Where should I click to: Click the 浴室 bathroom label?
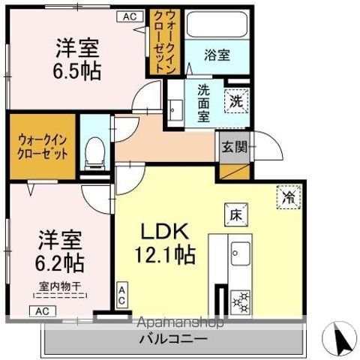tap(218, 54)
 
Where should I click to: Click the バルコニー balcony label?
tap(172, 338)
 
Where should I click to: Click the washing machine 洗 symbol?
tap(236, 100)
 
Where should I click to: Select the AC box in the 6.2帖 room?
tap(42, 310)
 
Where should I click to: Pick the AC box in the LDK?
tap(121, 294)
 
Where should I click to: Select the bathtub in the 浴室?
tap(217, 24)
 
